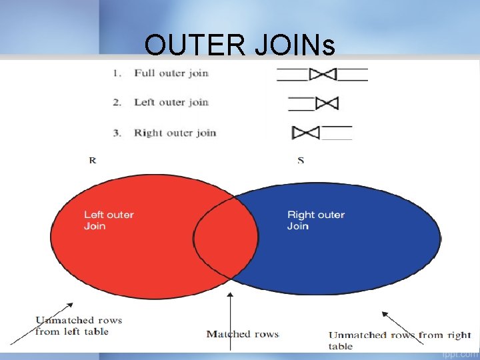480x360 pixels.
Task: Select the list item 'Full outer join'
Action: (x=171, y=73)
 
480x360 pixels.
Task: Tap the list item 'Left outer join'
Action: (x=171, y=102)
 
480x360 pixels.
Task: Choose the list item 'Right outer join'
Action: (x=175, y=133)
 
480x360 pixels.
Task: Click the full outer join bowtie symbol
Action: (x=323, y=74)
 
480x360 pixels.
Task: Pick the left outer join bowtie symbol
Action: (x=326, y=103)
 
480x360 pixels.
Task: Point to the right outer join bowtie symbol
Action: (x=306, y=133)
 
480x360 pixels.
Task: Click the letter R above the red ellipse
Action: (x=92, y=160)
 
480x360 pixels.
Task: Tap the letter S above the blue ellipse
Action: (x=301, y=160)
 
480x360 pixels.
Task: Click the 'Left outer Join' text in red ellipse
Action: (x=109, y=220)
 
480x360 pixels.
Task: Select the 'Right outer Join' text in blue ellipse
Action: (x=316, y=220)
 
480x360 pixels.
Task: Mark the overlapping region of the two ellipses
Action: (x=225, y=237)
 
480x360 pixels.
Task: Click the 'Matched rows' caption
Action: (x=243, y=334)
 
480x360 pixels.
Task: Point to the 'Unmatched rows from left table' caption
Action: (x=79, y=325)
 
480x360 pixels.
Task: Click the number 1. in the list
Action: (x=117, y=73)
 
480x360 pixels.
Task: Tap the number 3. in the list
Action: (x=117, y=133)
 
